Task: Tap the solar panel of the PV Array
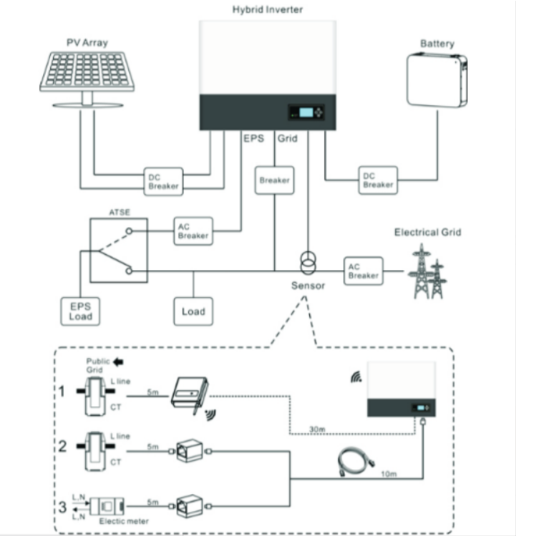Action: click(x=86, y=72)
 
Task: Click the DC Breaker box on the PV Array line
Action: click(x=164, y=182)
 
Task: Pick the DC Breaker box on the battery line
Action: click(x=378, y=180)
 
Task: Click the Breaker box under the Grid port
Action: click(x=274, y=180)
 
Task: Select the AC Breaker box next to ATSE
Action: click(x=193, y=231)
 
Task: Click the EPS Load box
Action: click(x=80, y=311)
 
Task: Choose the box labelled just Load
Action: click(x=193, y=311)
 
